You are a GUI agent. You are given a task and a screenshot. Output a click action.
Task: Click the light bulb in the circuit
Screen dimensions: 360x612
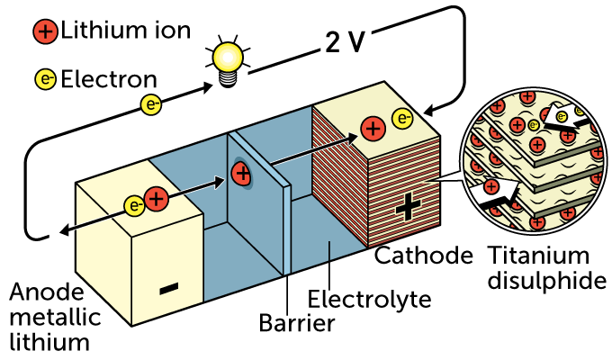coord(225,60)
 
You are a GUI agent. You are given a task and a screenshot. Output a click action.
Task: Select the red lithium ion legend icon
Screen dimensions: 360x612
coord(46,32)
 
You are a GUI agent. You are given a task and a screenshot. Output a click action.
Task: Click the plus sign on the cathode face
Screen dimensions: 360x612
coord(407,209)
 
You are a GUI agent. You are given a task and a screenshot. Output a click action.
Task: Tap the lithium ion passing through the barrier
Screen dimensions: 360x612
coord(241,175)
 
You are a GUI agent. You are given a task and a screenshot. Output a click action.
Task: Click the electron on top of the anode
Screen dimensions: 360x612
coord(136,206)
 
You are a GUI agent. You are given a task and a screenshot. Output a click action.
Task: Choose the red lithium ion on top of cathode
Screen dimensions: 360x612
coord(372,129)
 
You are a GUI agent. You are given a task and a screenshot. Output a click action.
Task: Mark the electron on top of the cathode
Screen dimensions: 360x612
coord(402,118)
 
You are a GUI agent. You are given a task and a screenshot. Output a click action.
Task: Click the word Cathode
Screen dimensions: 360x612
coord(424,256)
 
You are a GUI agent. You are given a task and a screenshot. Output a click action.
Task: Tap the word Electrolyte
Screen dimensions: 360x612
coord(369,299)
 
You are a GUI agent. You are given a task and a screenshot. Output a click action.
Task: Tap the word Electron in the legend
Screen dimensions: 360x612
coord(108,80)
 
